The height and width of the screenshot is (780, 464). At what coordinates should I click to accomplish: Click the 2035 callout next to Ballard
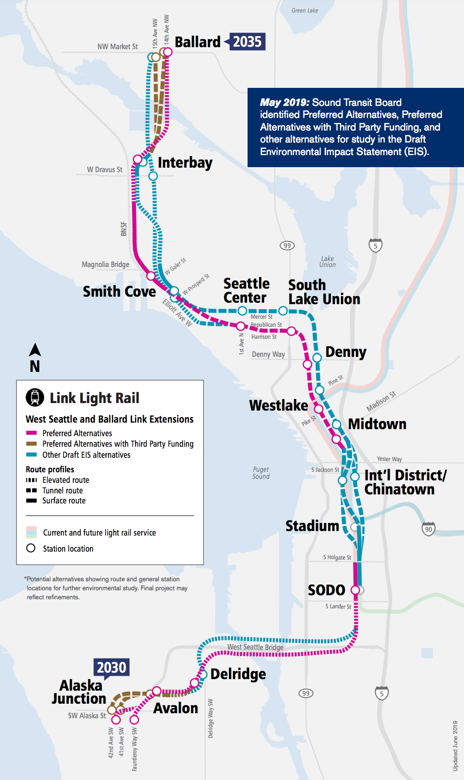coord(247,42)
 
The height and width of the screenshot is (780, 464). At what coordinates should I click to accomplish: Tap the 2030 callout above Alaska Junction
coord(111,668)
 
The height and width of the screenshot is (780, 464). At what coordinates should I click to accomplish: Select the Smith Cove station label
coord(119,292)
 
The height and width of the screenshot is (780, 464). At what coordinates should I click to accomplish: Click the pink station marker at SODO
coord(355,590)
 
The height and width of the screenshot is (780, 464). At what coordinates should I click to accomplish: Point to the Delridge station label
coord(238,674)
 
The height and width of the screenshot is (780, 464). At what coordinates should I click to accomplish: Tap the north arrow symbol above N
coord(35,350)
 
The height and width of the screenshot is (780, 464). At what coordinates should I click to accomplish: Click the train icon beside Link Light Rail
coord(35,398)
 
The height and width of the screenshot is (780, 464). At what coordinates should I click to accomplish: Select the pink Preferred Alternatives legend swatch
coord(32,433)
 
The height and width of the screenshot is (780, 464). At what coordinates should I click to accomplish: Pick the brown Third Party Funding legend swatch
coord(32,444)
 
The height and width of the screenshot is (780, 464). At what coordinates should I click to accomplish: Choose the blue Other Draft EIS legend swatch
coord(32,455)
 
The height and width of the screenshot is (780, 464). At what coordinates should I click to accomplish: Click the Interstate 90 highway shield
coord(428,529)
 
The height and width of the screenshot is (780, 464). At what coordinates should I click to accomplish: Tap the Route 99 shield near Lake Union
coord(287,245)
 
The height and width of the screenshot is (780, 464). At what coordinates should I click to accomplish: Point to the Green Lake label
coord(305,11)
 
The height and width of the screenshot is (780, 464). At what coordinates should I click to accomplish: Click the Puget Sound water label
coord(261,473)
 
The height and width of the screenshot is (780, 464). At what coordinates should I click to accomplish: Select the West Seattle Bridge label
coord(255,647)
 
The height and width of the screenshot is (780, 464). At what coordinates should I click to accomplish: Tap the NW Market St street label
coord(118,47)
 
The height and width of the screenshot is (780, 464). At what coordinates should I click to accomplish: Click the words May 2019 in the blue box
coord(285,102)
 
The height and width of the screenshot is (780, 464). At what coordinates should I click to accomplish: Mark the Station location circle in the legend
coord(31,548)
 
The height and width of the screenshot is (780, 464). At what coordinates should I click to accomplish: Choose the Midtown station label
coord(377,424)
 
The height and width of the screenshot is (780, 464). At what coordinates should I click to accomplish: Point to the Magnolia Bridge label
coord(105,265)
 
